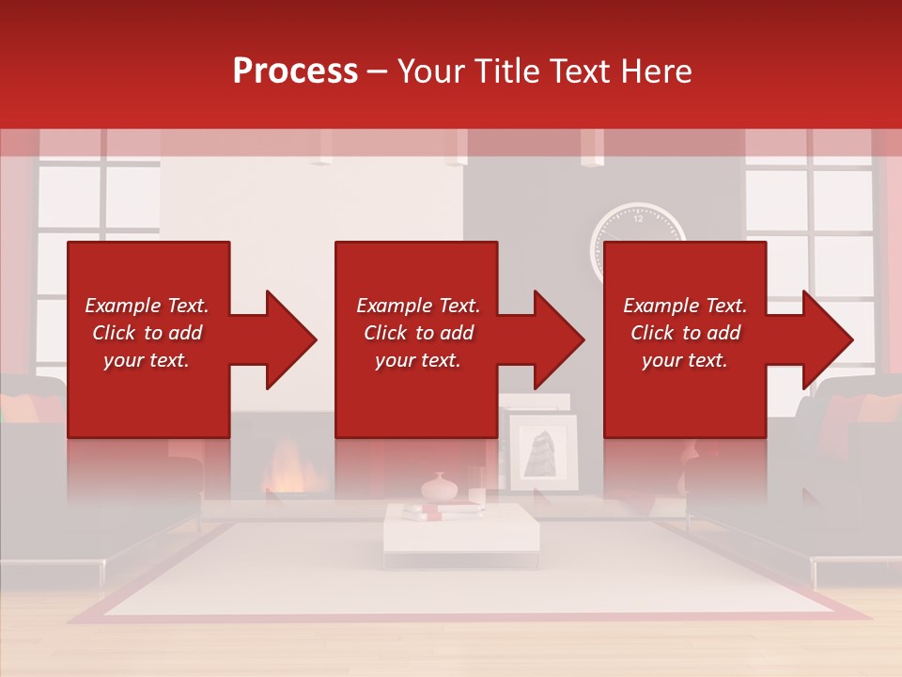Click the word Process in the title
[x=295, y=71]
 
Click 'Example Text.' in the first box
[x=147, y=306]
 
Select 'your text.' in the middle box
[x=417, y=360]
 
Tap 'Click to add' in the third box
[x=685, y=333]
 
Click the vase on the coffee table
[x=438, y=487]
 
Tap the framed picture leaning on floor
[x=542, y=452]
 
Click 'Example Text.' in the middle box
[x=417, y=306]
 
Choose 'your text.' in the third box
[x=685, y=360]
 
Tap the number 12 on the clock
[x=639, y=218]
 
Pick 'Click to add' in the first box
[x=147, y=333]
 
